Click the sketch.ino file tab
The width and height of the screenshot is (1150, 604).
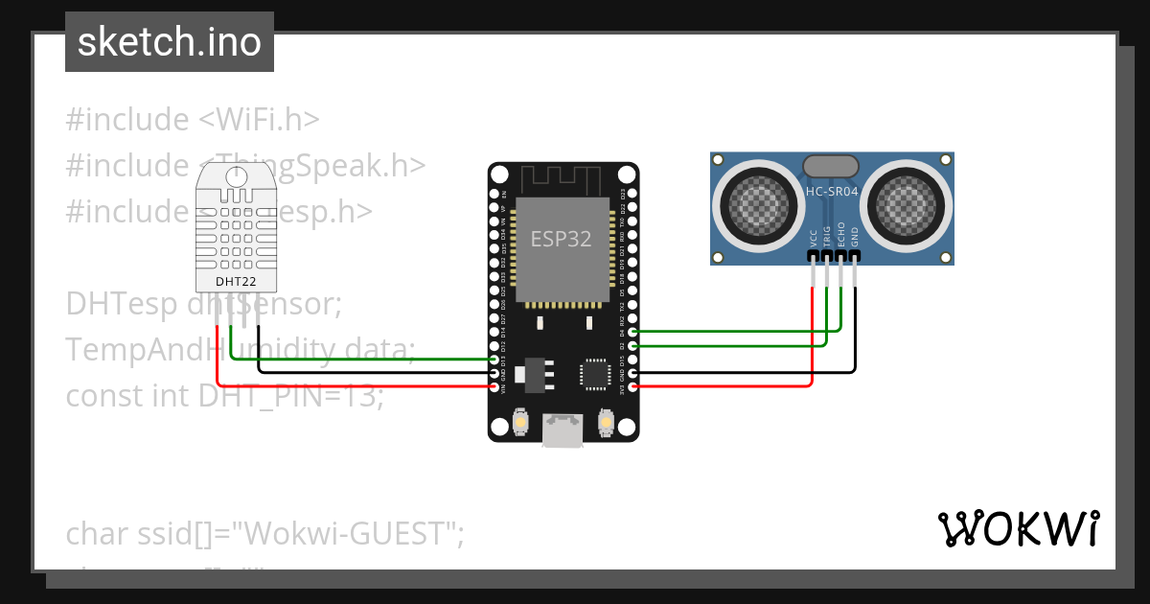pyautogui.click(x=170, y=42)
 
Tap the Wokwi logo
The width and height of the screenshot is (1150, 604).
pyautogui.click(x=1018, y=528)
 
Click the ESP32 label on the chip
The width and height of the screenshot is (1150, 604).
pyautogui.click(x=562, y=239)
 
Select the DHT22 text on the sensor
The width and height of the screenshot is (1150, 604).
pyautogui.click(x=236, y=282)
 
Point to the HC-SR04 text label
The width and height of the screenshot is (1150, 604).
pyautogui.click(x=832, y=191)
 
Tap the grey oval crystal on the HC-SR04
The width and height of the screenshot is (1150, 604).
pyautogui.click(x=831, y=166)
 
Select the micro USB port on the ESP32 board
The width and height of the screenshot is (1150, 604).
pyautogui.click(x=562, y=430)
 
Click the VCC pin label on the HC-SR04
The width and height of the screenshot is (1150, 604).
pyautogui.click(x=814, y=237)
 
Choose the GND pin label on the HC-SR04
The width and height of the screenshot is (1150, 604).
pyautogui.click(x=855, y=237)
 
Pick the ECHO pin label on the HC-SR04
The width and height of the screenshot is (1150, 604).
pyautogui.click(x=841, y=235)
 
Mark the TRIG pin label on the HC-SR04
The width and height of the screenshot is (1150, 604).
pyautogui.click(x=827, y=236)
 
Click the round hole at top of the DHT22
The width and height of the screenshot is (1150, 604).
pyautogui.click(x=236, y=174)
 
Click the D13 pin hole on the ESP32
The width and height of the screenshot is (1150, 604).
pyautogui.click(x=494, y=360)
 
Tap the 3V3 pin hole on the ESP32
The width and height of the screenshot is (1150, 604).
pyautogui.click(x=631, y=385)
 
